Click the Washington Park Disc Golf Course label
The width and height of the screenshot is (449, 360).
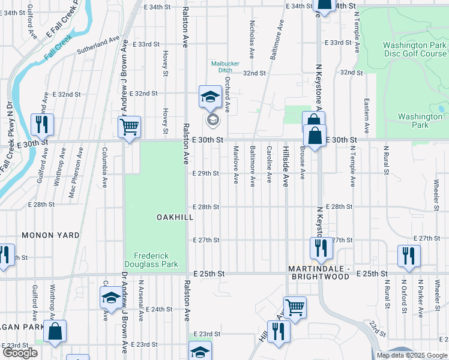[x=414, y=49]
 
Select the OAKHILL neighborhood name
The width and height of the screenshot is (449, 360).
[x=175, y=217]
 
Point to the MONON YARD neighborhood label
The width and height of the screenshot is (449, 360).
[x=50, y=236]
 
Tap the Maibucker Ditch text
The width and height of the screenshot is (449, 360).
[x=221, y=67]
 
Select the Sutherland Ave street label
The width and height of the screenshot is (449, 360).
[x=102, y=43]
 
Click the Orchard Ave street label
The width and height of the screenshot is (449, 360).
[x=228, y=97]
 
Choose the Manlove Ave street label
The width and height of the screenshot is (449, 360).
[x=236, y=164]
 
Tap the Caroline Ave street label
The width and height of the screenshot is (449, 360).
[x=270, y=164]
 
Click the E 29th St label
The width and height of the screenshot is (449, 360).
[x=206, y=173]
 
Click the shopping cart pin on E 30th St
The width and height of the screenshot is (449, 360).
[x=130, y=127]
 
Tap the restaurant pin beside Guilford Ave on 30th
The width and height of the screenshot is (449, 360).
[x=42, y=125]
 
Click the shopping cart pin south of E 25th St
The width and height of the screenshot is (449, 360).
[x=294, y=308]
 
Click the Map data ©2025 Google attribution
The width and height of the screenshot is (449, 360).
[x=411, y=355]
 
